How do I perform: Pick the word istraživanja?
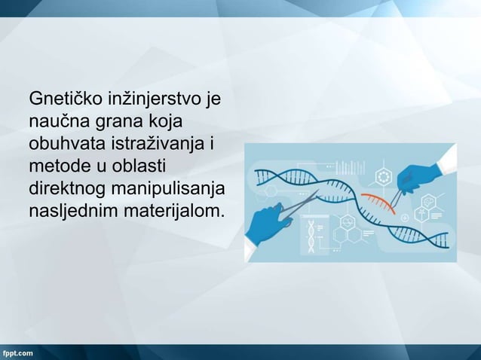[161, 143]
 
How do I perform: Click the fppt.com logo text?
[17, 352]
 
